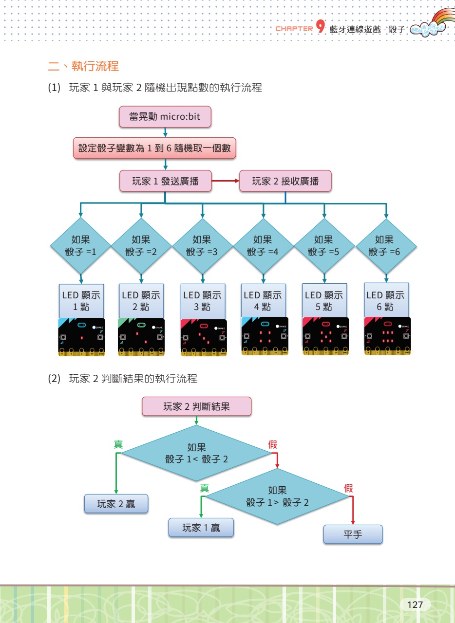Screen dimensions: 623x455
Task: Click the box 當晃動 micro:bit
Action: pos(165,117)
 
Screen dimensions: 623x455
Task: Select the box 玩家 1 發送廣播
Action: pos(166,181)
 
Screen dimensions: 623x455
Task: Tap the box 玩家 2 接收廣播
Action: pos(285,181)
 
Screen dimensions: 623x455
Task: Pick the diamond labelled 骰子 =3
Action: pos(202,246)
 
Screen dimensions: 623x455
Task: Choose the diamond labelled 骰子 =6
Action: pos(385,246)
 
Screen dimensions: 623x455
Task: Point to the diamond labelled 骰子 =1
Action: pos(81,246)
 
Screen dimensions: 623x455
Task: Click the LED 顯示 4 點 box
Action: pos(263,300)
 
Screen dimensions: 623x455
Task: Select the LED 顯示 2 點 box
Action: pos(141,300)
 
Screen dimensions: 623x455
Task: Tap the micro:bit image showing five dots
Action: pos(326,336)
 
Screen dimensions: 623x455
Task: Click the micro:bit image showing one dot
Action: pos(82,336)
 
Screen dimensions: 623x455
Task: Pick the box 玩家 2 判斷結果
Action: pos(196,406)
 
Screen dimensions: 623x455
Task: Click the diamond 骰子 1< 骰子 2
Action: pos(196,453)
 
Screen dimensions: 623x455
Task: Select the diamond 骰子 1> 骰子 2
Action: pos(277,496)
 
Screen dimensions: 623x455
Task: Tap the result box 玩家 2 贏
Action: pos(116,504)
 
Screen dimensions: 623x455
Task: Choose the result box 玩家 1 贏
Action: pos(201,528)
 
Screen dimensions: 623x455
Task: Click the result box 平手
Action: pos(353,534)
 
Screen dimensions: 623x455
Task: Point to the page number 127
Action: pos(415,605)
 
